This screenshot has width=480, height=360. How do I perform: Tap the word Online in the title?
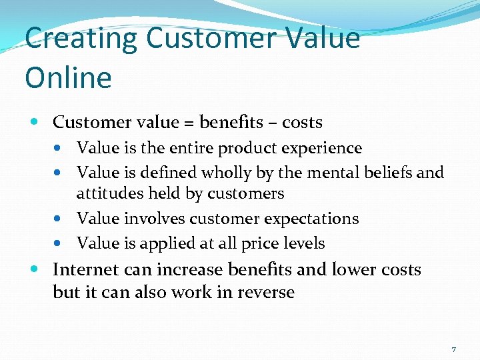pos(68,78)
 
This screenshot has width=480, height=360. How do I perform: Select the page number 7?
pos(453,349)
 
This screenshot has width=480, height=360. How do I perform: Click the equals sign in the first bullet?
pos(191,123)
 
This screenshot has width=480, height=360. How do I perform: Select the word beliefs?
pos(390,173)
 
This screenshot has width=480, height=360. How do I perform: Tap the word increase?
pos(191,270)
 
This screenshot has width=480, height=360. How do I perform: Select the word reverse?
pos(263,293)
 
